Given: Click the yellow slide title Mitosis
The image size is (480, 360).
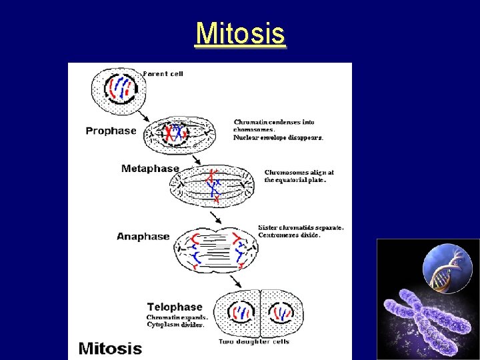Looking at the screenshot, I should [240, 33].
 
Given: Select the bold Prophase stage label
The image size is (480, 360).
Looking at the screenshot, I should [111, 131].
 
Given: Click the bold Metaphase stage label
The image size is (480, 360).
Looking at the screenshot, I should [150, 169].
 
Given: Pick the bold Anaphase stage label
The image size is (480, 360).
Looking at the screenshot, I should [143, 236].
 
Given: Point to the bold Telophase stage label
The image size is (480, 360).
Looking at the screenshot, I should [175, 307].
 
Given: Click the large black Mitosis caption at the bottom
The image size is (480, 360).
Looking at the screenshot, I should [110, 348].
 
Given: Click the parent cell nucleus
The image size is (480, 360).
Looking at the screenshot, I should [121, 87].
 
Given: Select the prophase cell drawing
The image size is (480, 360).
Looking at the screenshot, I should [179, 136].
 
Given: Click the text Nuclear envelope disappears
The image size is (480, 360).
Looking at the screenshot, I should [278, 138].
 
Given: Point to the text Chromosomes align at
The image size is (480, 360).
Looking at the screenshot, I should [299, 172].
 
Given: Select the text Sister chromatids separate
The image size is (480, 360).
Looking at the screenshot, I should [301, 227].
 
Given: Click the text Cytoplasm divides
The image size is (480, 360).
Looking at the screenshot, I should [175, 325].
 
